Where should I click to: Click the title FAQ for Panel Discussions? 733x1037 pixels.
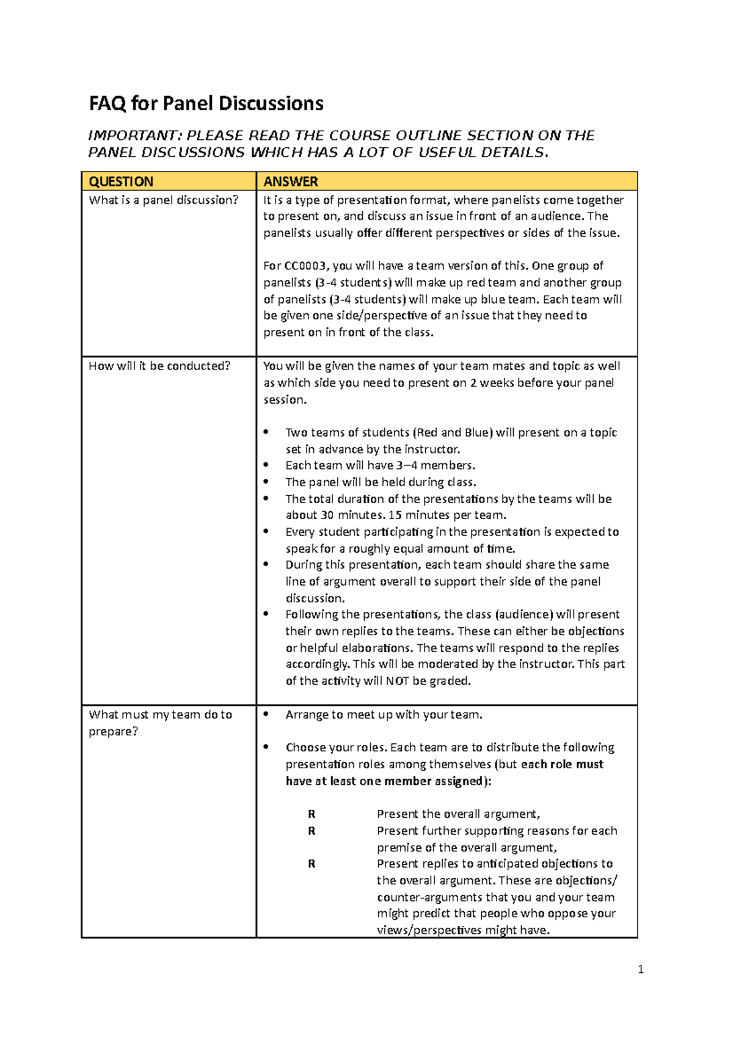[x=206, y=103]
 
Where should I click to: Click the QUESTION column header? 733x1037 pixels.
[x=121, y=181]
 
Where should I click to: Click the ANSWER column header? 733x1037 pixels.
[x=290, y=181]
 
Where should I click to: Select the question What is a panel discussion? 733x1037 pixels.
[x=163, y=200]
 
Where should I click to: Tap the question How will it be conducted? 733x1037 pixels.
[x=159, y=366]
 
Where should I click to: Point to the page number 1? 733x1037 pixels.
[x=640, y=969]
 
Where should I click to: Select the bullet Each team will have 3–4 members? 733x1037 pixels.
[x=380, y=465]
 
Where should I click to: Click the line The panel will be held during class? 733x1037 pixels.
[x=381, y=482]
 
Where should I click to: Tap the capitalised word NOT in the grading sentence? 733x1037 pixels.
[x=397, y=681]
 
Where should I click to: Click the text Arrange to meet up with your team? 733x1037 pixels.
[x=384, y=715]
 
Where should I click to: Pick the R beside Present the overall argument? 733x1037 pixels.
[x=312, y=814]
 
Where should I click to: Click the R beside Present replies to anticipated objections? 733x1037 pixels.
[x=312, y=864]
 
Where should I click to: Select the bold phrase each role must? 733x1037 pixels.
[x=562, y=765]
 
